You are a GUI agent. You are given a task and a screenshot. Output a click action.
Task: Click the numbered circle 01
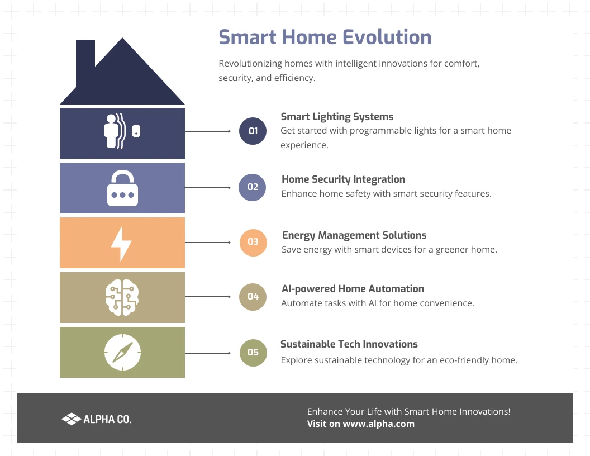(x=253, y=131)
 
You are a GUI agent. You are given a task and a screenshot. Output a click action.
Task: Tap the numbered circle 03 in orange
(x=253, y=242)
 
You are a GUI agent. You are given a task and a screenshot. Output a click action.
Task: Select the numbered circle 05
(x=253, y=352)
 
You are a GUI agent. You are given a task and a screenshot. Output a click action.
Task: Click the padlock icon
(x=122, y=189)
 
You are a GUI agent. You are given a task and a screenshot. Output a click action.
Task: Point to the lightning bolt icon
(x=121, y=243)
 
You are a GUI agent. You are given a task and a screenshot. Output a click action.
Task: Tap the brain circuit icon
(x=122, y=297)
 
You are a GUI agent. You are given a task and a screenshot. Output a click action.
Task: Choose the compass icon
(x=122, y=352)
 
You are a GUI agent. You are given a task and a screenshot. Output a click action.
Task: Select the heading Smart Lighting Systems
(x=337, y=117)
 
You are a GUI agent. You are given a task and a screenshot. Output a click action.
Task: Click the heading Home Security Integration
(x=343, y=179)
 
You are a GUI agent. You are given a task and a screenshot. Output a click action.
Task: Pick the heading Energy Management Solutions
(x=354, y=235)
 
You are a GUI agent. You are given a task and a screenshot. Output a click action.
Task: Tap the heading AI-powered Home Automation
(x=353, y=289)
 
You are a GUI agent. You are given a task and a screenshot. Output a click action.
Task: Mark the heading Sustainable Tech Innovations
(x=349, y=344)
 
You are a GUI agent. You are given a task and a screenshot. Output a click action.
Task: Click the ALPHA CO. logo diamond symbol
(x=71, y=419)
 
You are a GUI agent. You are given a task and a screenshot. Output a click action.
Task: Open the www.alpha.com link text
(x=378, y=424)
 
